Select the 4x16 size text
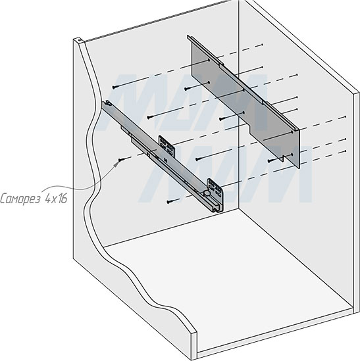point(58,197)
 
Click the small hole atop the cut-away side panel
point(80,41)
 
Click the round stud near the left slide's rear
point(207,195)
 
